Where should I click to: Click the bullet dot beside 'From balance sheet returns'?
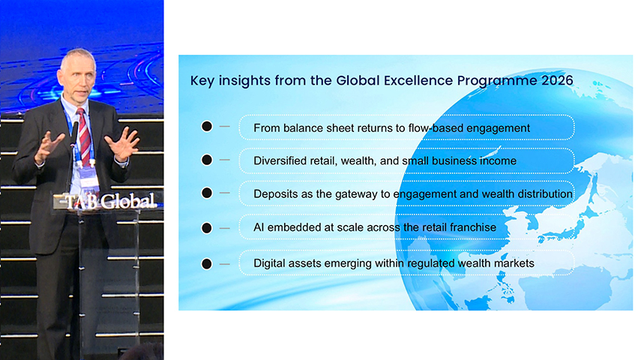tap(207, 127)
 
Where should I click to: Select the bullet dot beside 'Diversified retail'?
tap(207, 160)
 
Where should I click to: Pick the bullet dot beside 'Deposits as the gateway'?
tap(207, 193)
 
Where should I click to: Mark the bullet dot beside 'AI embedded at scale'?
tap(207, 226)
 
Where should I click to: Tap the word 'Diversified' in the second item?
tap(283, 160)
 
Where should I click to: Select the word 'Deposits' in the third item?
tap(277, 193)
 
